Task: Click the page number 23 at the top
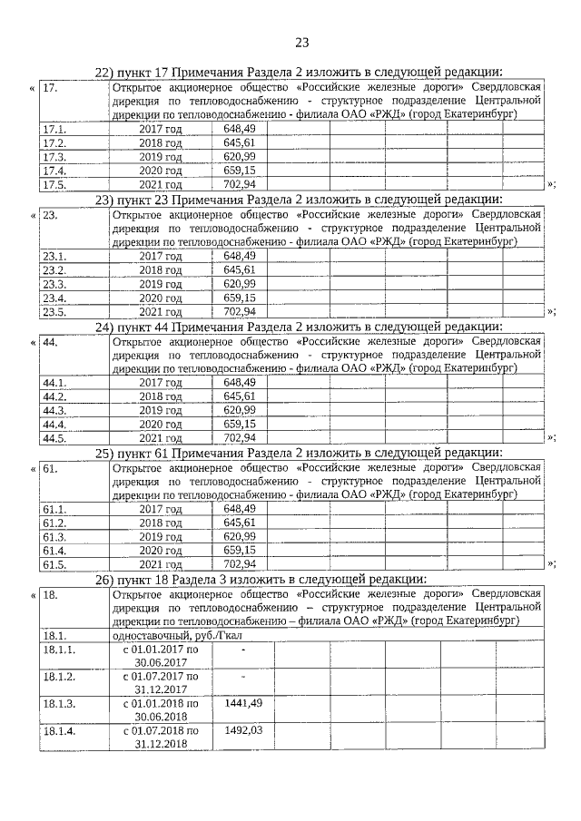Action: [x=301, y=42]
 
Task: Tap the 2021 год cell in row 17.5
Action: [x=161, y=184]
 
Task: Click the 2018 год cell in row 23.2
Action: [x=161, y=270]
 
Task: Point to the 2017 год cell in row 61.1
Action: [x=161, y=510]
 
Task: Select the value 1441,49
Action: [x=242, y=703]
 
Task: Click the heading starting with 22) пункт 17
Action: [x=300, y=73]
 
